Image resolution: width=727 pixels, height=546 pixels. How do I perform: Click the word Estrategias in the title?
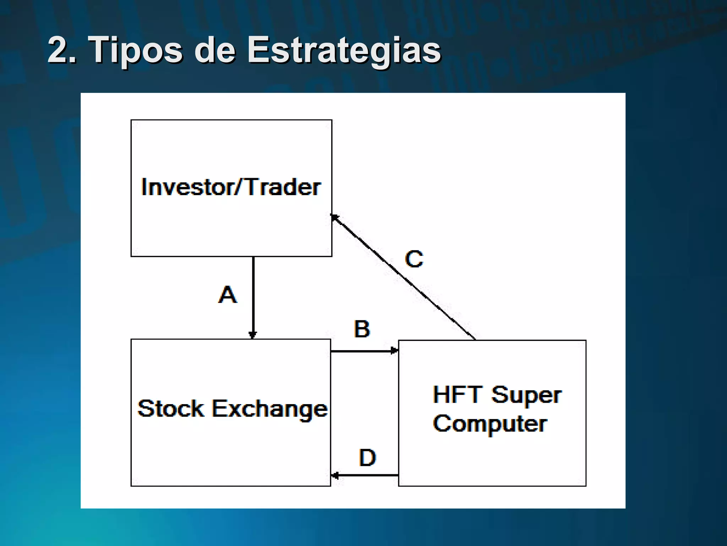point(344,50)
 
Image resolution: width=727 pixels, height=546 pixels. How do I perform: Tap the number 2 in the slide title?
point(58,50)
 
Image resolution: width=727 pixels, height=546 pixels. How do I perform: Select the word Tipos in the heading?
point(136,50)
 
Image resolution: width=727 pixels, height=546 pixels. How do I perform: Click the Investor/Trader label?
point(231,187)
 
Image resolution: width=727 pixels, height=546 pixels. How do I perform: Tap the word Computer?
point(490,424)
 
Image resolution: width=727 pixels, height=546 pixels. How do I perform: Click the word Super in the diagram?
point(526,395)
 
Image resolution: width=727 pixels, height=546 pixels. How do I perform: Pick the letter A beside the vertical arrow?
point(227,295)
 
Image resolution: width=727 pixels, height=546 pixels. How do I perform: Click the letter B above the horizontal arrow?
point(362,329)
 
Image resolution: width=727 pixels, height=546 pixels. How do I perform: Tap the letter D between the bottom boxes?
point(367,457)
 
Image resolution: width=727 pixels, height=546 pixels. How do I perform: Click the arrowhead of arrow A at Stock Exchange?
point(253,335)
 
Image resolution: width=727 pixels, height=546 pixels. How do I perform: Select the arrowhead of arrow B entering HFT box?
point(394,351)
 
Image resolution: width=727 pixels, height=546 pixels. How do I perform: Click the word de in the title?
point(214,50)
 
